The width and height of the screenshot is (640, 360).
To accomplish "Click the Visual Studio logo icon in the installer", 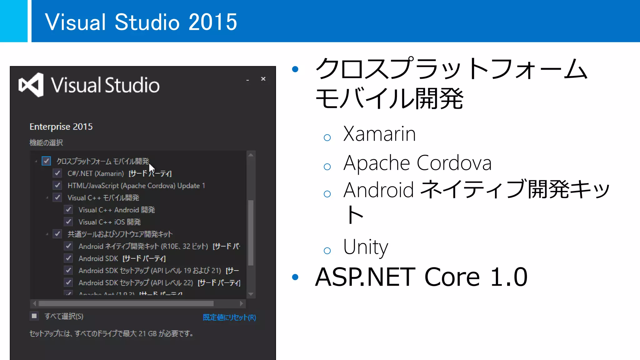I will point(31,85).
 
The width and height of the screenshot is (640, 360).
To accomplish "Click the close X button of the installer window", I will point(263,79).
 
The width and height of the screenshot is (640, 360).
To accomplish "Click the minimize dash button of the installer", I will point(247,80).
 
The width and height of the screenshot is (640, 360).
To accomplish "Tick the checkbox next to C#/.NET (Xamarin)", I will point(57,173).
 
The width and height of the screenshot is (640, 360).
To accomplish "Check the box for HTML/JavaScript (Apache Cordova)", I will point(57,185).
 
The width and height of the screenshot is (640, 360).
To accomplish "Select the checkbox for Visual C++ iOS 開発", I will point(68,222).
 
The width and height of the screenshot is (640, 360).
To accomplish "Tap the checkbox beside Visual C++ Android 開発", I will point(68,210).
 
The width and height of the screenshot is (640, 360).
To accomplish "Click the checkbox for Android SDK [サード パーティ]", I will point(68,258).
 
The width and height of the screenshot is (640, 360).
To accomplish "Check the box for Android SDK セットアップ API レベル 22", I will point(68,282).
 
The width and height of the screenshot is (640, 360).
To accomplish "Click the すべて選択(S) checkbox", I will point(34,316).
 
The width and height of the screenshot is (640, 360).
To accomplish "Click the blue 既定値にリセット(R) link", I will point(229,317).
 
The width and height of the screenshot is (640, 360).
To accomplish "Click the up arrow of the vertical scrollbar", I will point(251,155).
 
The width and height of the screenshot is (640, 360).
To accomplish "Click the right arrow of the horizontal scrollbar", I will point(241,303).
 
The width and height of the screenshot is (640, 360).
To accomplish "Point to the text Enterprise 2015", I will point(61,127).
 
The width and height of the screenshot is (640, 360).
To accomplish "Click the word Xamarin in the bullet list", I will point(379,134).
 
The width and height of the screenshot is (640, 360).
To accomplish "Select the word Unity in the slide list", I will point(365,247).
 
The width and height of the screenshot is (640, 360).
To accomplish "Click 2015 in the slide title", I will point(213,22).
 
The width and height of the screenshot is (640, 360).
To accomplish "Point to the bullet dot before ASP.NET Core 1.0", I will point(295,277).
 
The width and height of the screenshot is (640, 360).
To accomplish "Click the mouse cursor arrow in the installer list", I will point(151,169).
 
